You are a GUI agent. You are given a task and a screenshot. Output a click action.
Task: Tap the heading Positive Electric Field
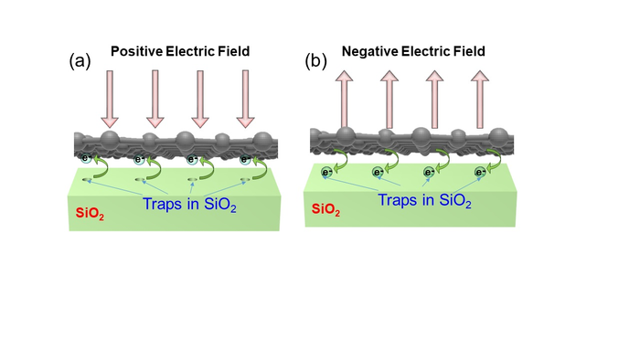pos(174,52)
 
